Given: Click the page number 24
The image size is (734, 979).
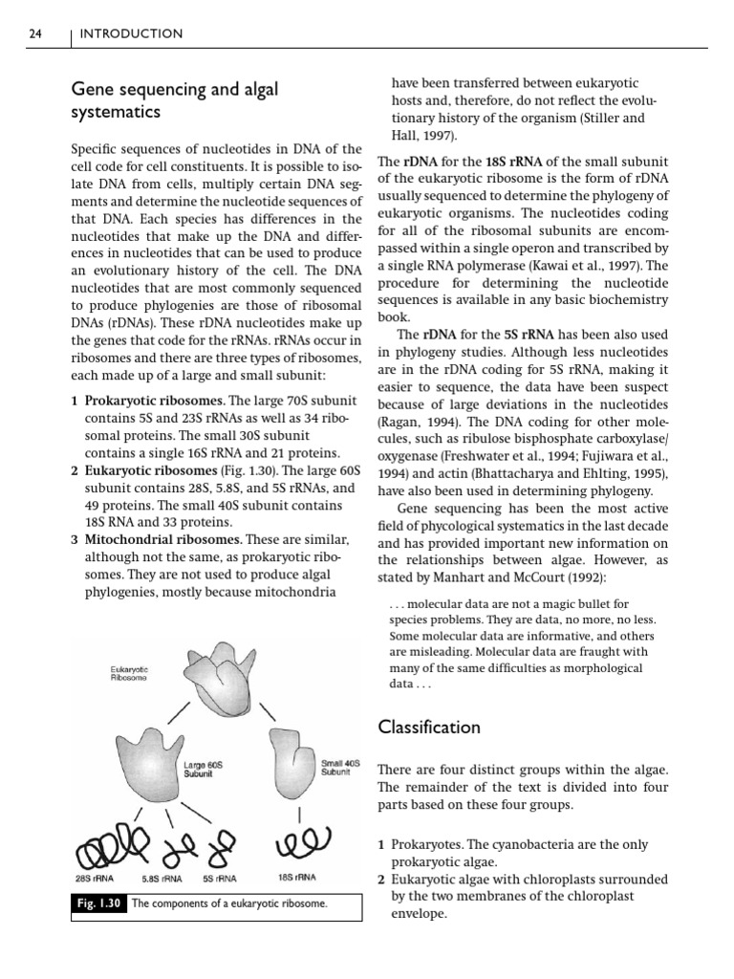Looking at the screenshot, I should tap(34, 34).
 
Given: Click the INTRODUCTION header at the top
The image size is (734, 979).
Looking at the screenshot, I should tap(131, 34).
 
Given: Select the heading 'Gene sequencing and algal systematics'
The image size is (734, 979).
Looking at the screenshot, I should tap(175, 100).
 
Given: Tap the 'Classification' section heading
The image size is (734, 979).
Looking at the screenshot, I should tap(429, 727).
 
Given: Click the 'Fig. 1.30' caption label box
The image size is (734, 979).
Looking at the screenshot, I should tap(99, 903).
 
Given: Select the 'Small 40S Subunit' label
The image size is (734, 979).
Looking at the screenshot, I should tap(340, 768).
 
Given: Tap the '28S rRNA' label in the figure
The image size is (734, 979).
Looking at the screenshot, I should tap(96, 877).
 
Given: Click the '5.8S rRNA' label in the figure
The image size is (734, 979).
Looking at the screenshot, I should tap(163, 877).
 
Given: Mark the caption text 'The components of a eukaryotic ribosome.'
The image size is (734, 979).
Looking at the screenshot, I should tap(229, 903).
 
